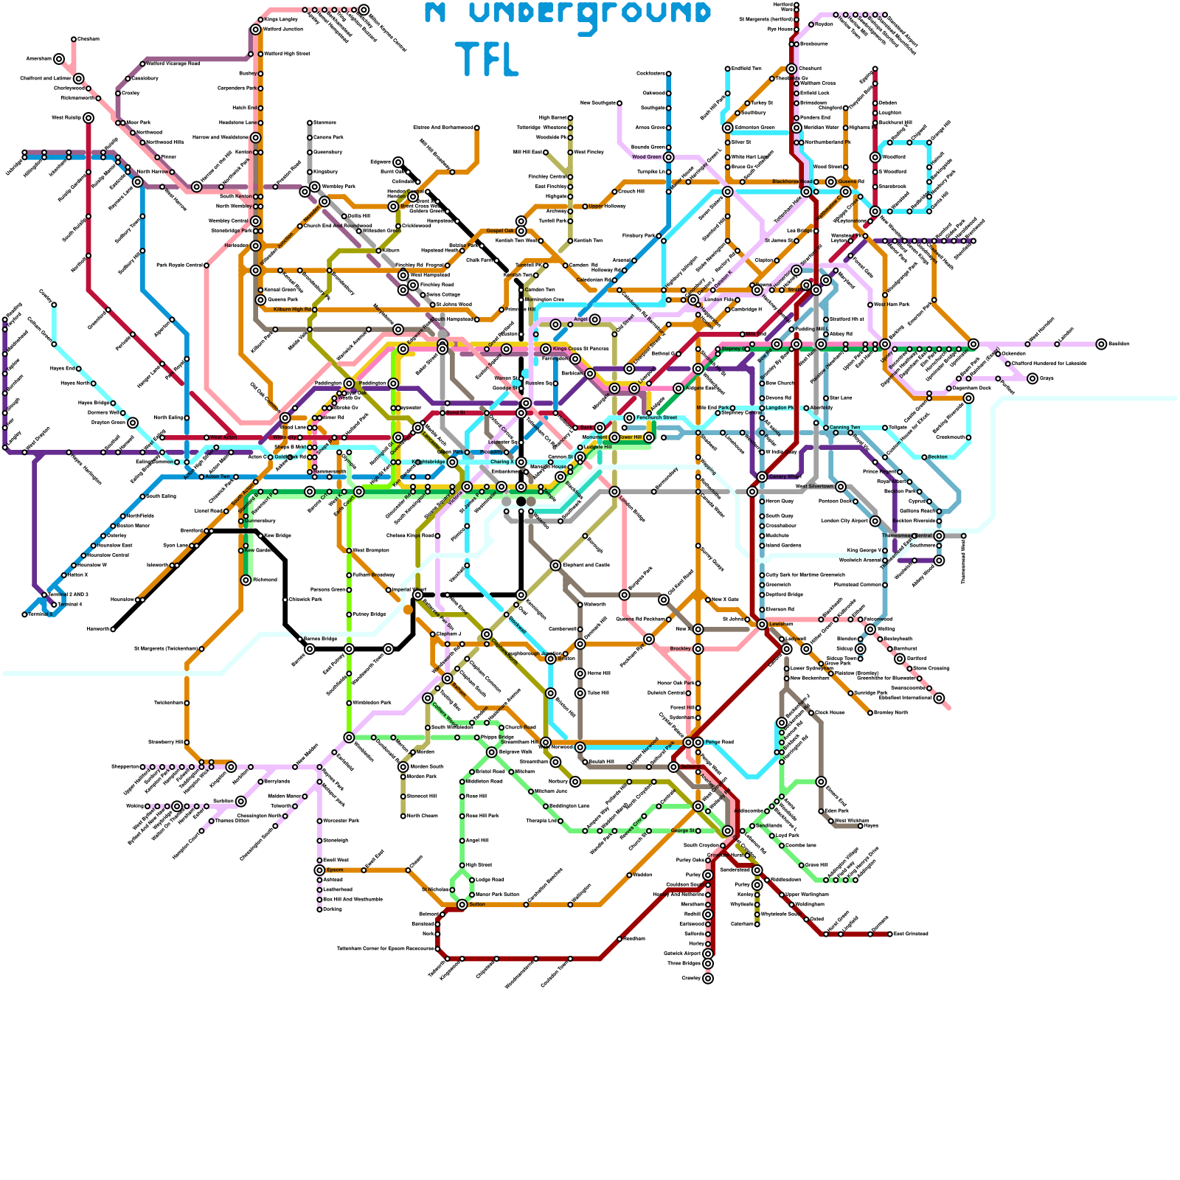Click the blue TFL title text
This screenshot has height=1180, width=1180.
(487, 59)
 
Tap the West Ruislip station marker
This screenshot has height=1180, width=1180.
(88, 118)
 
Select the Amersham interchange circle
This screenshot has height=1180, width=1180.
(59, 59)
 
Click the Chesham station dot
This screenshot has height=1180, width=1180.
(74, 39)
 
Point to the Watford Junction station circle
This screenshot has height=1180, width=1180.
(256, 29)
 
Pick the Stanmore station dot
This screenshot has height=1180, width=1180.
(310, 122)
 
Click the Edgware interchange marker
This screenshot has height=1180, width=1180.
(398, 162)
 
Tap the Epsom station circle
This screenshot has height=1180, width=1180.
(319, 870)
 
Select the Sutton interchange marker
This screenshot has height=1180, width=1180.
(462, 904)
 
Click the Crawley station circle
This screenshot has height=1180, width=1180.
(708, 979)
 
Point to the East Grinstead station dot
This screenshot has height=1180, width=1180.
(890, 934)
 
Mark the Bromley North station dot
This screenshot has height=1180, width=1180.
(870, 713)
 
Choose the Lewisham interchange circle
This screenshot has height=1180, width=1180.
(762, 625)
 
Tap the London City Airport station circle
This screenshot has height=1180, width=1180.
(875, 521)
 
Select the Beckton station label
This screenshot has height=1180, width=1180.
(937, 457)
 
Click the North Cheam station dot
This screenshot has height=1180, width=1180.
(403, 816)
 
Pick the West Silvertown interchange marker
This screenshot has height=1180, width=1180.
(841, 487)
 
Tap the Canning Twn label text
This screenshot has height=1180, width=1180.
(845, 428)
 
